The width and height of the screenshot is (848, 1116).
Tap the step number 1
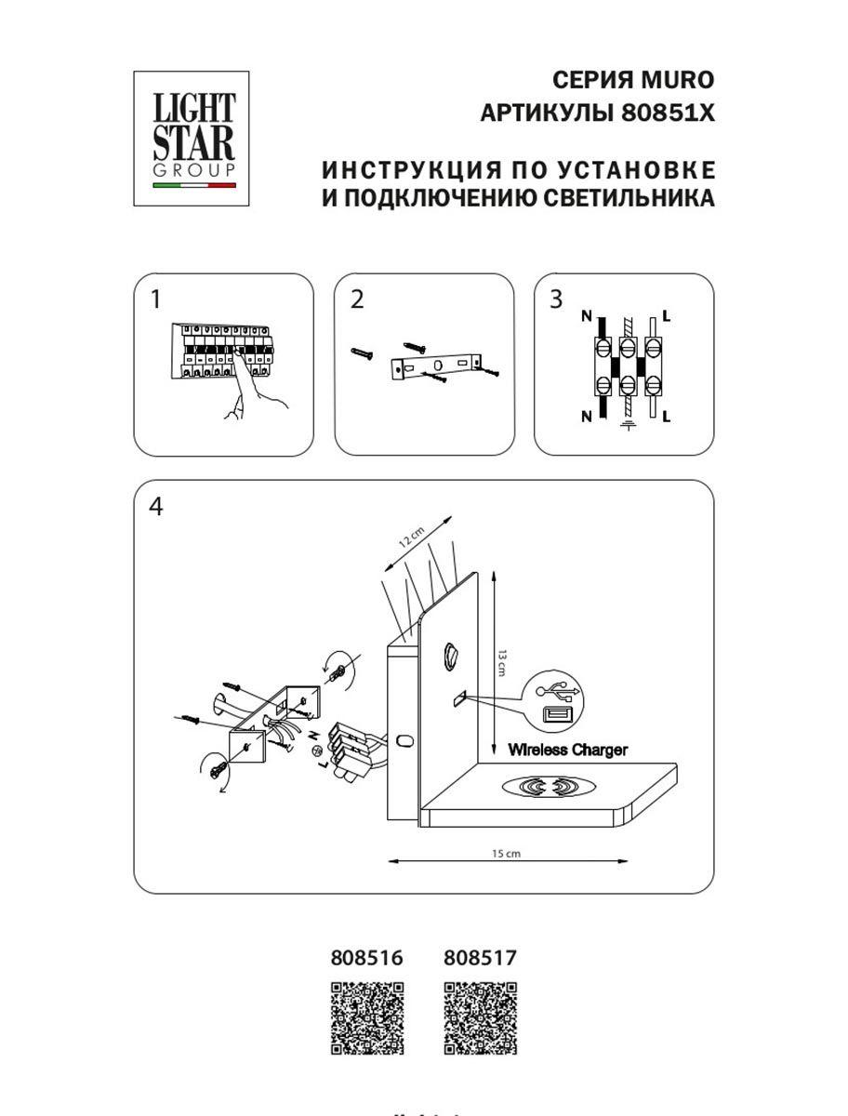[155, 299]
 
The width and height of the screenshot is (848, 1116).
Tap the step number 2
[357, 299]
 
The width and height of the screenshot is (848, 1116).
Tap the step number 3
[556, 299]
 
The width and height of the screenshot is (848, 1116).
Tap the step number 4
[155, 507]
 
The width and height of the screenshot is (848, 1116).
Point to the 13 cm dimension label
[503, 663]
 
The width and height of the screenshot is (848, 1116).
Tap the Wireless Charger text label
[567, 750]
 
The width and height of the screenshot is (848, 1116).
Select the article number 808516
[367, 957]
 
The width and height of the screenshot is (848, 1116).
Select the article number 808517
[480, 957]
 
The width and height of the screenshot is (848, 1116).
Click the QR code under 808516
[368, 1019]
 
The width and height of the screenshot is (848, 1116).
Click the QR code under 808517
[480, 1019]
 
